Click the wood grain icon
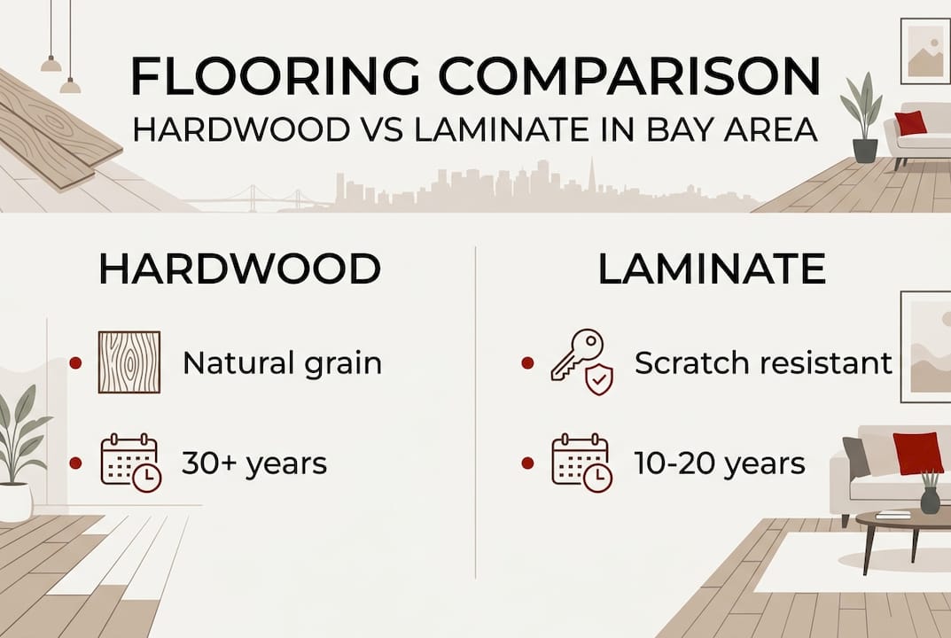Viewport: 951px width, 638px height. (x=129, y=362)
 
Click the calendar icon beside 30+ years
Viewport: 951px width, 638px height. (x=129, y=462)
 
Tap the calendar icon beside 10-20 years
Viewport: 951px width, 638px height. (x=581, y=462)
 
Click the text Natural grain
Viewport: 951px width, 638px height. (x=282, y=363)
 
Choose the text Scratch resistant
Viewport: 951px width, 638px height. (x=763, y=363)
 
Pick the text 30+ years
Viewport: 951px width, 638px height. (x=254, y=463)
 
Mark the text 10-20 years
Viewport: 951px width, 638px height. (x=720, y=463)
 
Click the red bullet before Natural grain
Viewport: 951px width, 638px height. (x=75, y=363)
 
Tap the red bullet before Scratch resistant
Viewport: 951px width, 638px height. (x=528, y=363)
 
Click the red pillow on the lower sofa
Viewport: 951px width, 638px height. (x=916, y=453)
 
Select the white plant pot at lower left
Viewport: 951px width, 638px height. (x=15, y=502)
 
